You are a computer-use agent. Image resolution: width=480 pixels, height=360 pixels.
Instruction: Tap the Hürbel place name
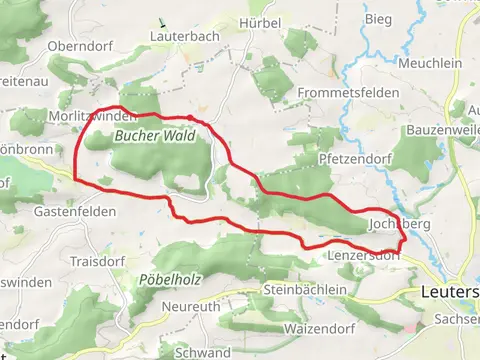pyautogui.click(x=259, y=22)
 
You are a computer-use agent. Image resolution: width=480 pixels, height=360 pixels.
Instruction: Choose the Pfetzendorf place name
pyautogui.click(x=352, y=159)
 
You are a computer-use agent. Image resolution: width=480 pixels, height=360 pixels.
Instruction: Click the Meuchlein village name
pyautogui.click(x=433, y=62)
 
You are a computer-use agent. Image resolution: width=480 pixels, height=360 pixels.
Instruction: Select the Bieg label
pyautogui.click(x=378, y=18)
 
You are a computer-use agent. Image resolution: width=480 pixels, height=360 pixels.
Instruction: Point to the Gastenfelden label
pyautogui.click(x=74, y=212)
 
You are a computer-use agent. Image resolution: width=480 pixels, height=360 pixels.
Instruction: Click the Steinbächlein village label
pyautogui.click(x=305, y=289)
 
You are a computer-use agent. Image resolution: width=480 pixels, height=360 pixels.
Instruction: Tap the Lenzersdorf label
pyautogui.click(x=363, y=256)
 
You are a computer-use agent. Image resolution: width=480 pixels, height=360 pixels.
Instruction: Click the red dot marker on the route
pyautogui.click(x=190, y=118)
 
